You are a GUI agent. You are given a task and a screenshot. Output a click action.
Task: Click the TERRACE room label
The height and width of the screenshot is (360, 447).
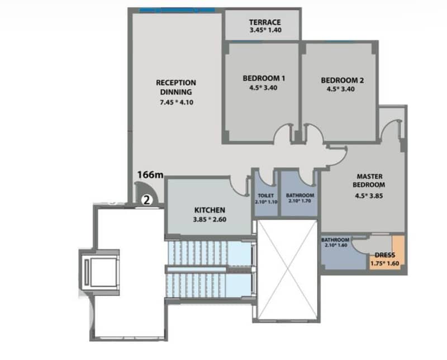(x=265, y=22)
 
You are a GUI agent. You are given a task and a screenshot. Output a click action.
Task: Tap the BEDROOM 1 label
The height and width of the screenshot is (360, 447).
(x=264, y=78)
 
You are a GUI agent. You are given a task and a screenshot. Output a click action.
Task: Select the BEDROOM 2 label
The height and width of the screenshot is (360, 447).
(x=342, y=80)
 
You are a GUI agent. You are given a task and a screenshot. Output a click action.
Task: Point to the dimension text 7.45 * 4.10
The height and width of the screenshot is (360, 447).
(x=177, y=102)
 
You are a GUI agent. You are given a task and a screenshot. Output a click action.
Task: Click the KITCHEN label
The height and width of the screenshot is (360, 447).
(x=210, y=210)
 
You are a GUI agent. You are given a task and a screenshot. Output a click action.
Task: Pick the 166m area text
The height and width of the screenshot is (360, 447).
(x=150, y=174)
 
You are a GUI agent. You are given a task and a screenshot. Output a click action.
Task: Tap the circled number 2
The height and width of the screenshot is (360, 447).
(x=147, y=200)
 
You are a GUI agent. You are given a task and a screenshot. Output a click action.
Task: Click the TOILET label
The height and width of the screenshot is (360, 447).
(x=266, y=196)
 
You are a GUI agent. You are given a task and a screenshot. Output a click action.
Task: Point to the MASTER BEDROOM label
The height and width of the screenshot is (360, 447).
(x=369, y=181)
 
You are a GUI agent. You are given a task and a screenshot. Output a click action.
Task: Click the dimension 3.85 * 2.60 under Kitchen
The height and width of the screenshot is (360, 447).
(x=210, y=220)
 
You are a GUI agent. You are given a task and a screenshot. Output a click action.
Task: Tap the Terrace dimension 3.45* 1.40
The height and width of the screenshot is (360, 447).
(x=266, y=30)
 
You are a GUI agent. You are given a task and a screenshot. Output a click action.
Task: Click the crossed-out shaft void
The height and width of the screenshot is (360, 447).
(x=287, y=269)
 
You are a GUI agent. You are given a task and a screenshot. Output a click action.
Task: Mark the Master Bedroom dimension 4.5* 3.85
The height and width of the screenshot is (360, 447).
(x=369, y=196)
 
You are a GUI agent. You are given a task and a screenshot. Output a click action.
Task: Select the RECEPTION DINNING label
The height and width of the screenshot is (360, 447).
(x=176, y=87)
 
